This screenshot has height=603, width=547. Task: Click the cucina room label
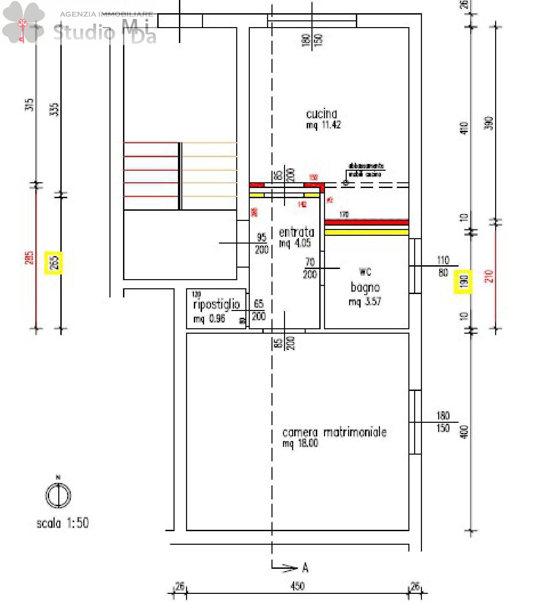tap(321, 114)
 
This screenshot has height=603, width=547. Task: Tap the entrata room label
tap(296, 232)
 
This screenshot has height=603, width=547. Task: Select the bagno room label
tap(365, 287)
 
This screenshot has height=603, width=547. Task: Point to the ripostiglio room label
tap(216, 305)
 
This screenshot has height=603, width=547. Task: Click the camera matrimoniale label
tap(334, 433)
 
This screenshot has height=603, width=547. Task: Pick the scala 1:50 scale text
tap(63, 523)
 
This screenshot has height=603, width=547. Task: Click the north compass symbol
tap(58, 495)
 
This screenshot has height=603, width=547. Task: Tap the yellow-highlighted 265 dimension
tap(54, 263)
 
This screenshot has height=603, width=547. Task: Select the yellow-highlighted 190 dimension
tap(463, 282)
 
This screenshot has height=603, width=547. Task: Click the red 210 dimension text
tap(489, 276)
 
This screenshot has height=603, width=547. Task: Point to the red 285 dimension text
tap(30, 258)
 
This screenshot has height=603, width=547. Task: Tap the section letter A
tap(305, 567)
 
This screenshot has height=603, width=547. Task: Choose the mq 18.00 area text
tap(300, 443)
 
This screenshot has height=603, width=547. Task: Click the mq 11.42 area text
tap(323, 125)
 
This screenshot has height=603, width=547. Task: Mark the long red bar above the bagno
tap(366, 223)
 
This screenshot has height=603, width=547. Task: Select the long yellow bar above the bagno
tap(366, 232)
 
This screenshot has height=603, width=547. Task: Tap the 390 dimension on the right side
tap(489, 123)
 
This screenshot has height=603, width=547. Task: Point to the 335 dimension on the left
tap(55, 109)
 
